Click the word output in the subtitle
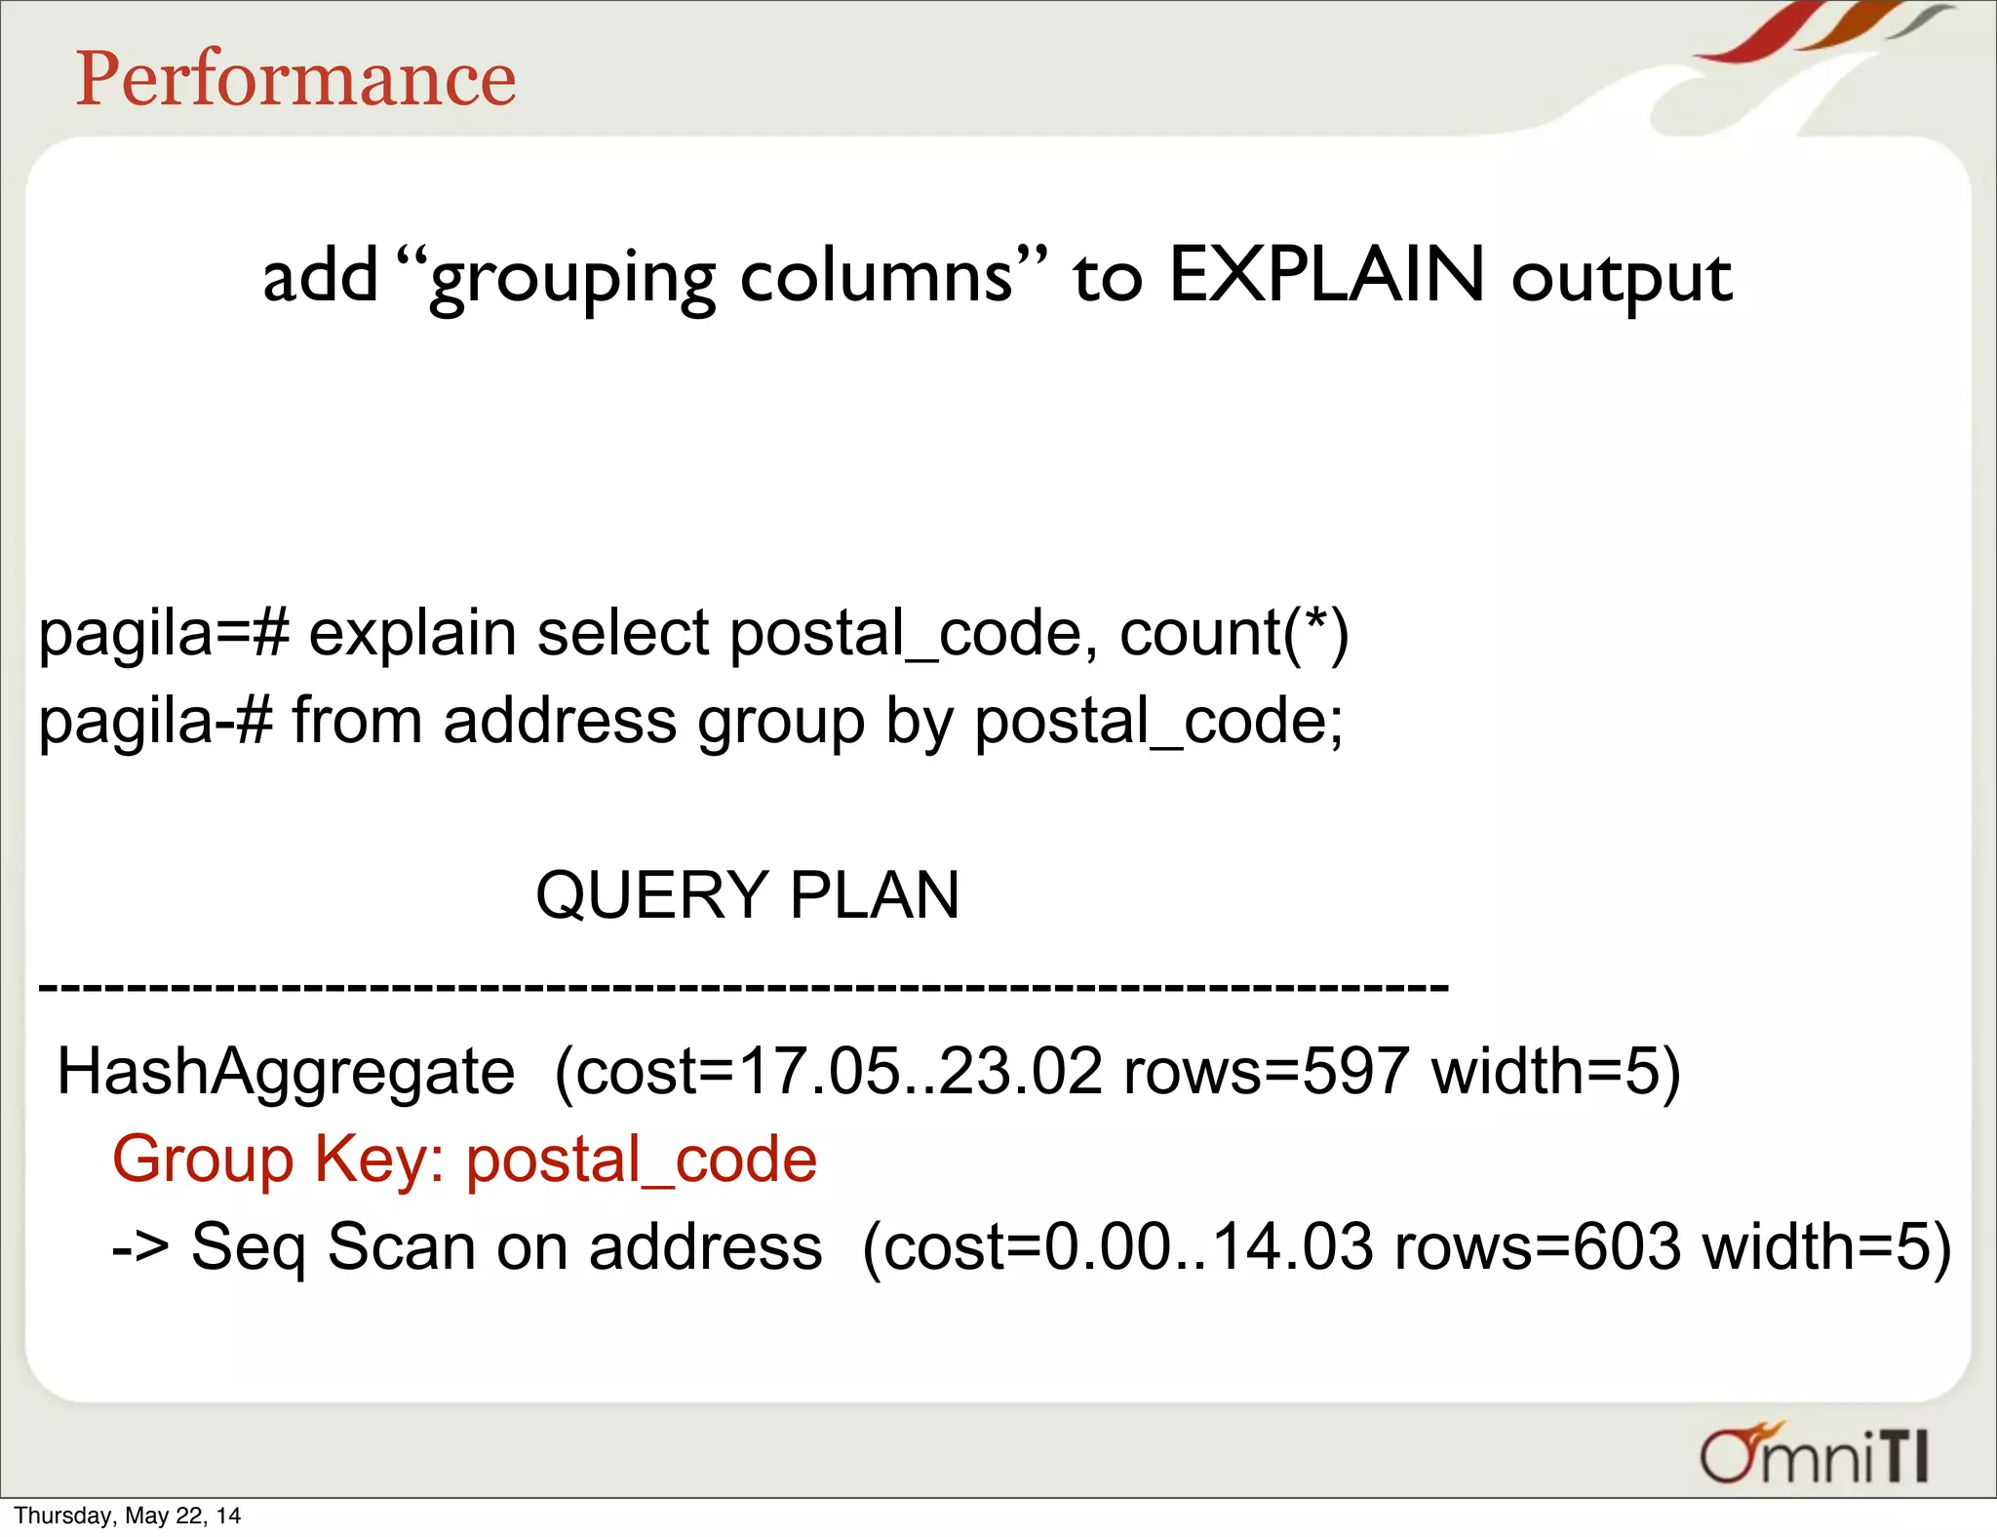pyautogui.click(x=1622, y=279)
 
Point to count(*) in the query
pyautogui.click(x=1233, y=634)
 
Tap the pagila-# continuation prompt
pyautogui.click(x=155, y=722)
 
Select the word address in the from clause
pyautogui.click(x=560, y=722)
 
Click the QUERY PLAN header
pyautogui.click(x=748, y=895)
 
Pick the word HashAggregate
pyautogui.click(x=286, y=1072)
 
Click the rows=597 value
pyautogui.click(x=1266, y=1072)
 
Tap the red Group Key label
pyautogui.click(x=278, y=1160)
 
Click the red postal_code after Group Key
pyautogui.click(x=641, y=1160)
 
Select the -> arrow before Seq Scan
pyautogui.click(x=140, y=1247)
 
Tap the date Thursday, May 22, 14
pyautogui.click(x=127, y=1516)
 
